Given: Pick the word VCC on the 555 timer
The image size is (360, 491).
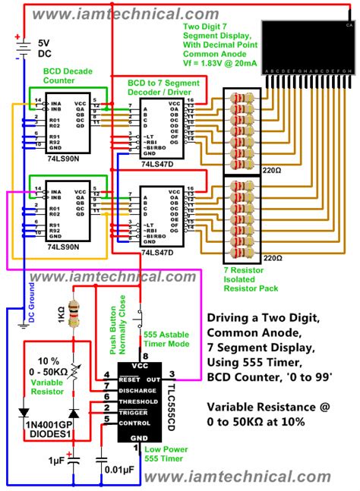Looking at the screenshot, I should click(x=141, y=365).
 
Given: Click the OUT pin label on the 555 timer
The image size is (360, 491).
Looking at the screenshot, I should click(x=153, y=378).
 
